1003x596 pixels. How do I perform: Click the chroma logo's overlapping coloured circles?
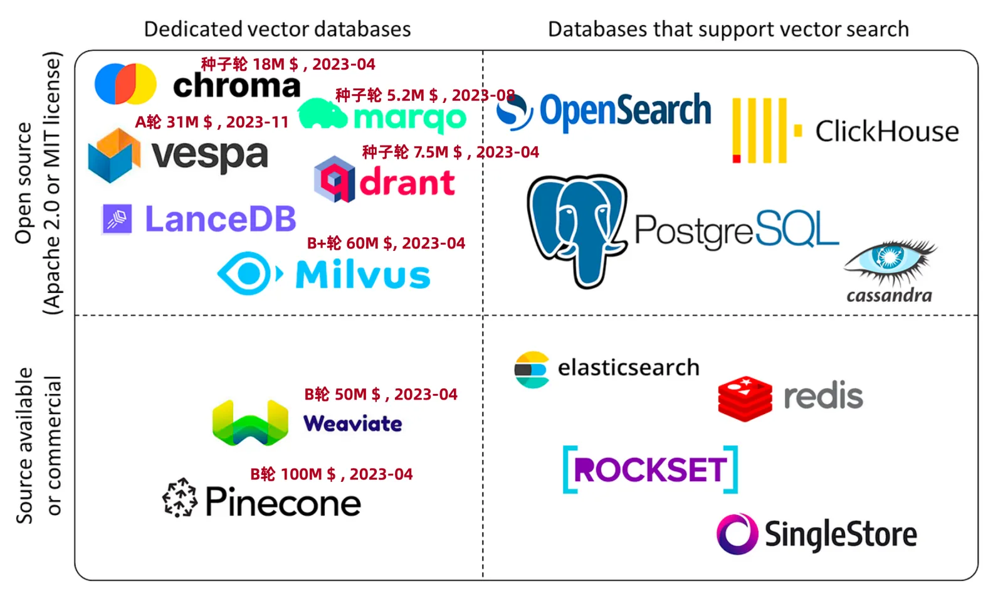coord(125,83)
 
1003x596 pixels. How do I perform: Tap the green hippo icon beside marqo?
coord(322,114)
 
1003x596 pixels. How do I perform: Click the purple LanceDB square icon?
coord(117,220)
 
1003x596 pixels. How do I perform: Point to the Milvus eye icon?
coord(249,274)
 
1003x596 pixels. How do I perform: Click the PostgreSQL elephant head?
coord(577,229)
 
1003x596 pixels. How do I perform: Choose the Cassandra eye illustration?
coord(890,258)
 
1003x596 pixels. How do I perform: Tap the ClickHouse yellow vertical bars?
coord(760,130)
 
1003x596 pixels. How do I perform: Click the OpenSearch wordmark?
coord(625,111)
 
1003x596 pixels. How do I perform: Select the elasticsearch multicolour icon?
coord(531,370)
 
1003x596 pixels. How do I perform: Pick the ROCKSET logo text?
coord(650,470)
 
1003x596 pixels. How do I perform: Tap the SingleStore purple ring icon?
coord(737,534)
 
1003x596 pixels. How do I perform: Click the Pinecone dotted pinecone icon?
coord(180,498)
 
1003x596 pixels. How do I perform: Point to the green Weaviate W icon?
coord(250,423)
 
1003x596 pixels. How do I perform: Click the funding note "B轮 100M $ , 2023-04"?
coord(331,474)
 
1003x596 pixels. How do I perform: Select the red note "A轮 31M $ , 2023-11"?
coord(212,122)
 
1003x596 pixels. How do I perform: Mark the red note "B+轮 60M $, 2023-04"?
coord(386,243)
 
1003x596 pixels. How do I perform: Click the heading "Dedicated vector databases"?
coord(277,29)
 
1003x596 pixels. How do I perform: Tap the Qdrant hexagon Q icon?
coord(334,179)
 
